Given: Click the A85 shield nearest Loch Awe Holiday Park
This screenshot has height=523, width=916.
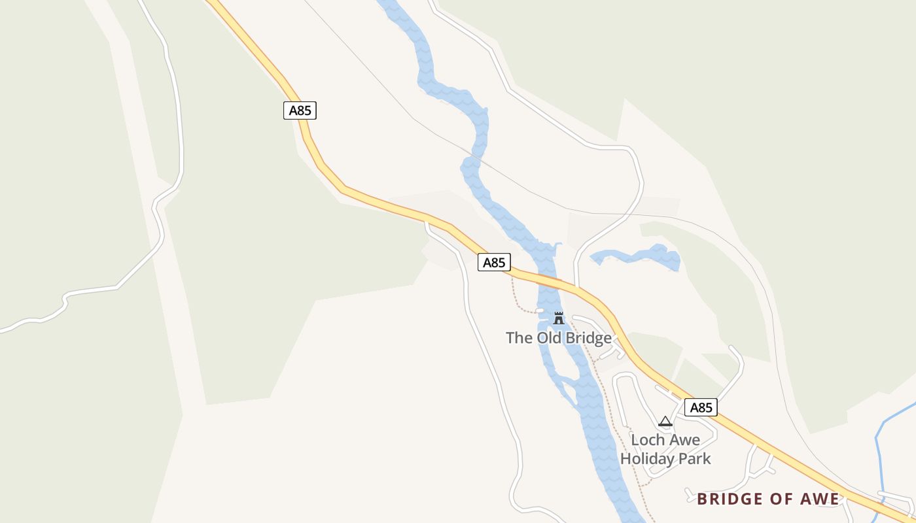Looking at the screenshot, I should click(701, 407).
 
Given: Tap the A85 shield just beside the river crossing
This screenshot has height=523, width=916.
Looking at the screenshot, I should click(494, 262).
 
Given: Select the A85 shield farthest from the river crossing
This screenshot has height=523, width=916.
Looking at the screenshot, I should click(300, 110).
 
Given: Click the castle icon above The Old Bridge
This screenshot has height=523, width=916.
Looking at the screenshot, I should click(558, 319).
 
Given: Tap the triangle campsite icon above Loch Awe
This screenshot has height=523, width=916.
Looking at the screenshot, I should click(665, 422).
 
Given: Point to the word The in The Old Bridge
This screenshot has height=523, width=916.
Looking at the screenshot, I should click(520, 338).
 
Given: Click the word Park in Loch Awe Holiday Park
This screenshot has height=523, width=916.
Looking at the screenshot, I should click(694, 458).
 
